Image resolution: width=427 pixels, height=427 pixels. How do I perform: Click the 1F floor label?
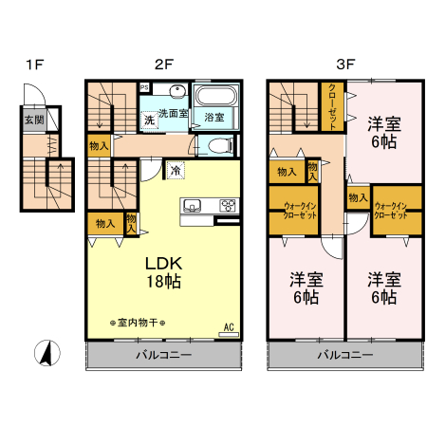coord(35,65)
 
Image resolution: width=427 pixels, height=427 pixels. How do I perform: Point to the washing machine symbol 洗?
coord(150,120)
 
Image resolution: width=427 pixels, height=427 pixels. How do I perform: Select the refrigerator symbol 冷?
coord(176,170)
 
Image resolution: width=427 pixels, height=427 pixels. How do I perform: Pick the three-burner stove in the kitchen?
coord(229,205)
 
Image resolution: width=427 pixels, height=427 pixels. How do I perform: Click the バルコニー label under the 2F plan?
coord(161,354)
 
